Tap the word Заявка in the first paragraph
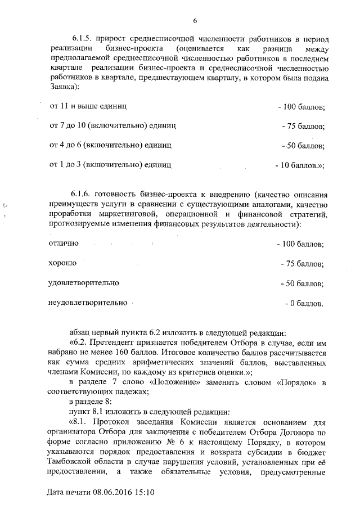tap(63, 87)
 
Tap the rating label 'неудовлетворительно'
tap(88, 303)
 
